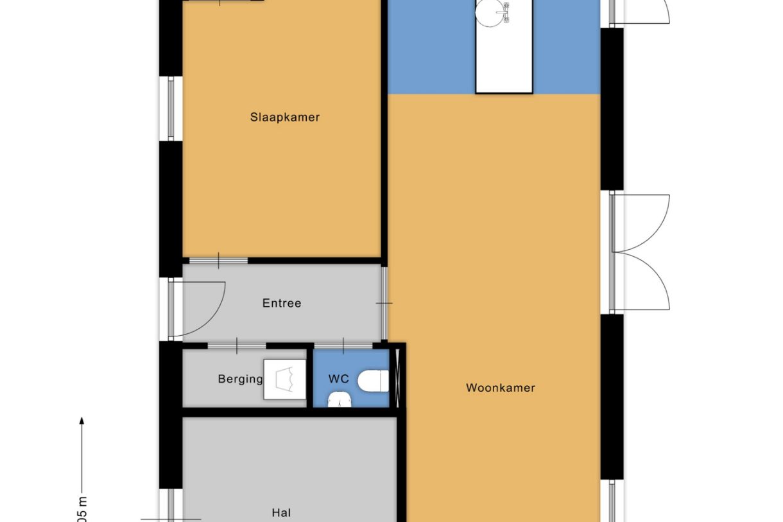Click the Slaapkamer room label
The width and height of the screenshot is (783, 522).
click(x=284, y=117)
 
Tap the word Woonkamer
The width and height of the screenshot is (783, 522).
click(x=500, y=388)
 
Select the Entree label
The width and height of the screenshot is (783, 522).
click(x=282, y=303)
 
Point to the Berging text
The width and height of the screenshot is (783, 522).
click(x=240, y=379)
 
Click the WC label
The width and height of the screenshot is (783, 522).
click(x=338, y=379)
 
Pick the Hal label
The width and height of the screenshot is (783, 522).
click(x=281, y=512)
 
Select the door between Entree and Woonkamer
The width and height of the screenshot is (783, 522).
click(x=384, y=303)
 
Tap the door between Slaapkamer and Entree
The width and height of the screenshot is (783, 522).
click(x=218, y=261)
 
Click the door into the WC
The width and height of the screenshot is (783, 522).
click(x=344, y=347)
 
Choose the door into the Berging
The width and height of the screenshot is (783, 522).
click(x=237, y=347)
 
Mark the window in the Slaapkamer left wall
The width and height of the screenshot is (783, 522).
click(x=171, y=109)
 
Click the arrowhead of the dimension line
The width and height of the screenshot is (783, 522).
click(x=82, y=421)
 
